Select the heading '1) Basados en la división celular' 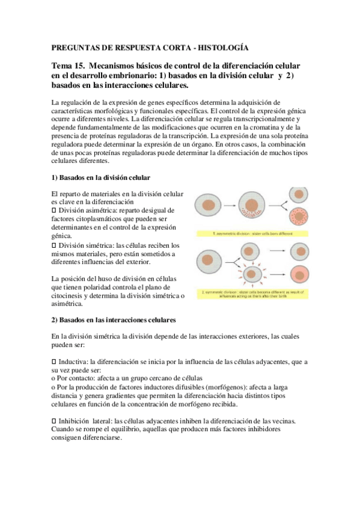101,178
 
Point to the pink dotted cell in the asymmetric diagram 300,218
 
